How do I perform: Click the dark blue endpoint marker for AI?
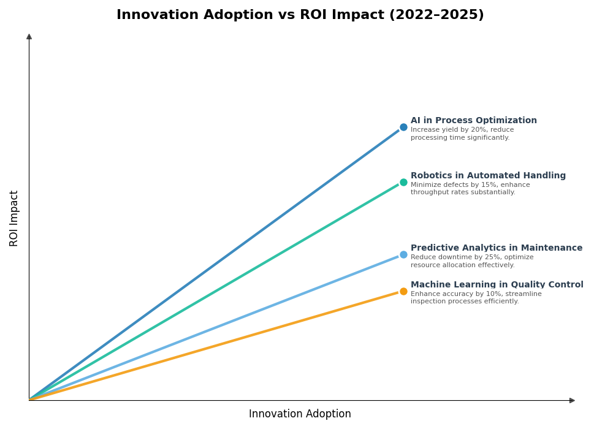tap(403, 127)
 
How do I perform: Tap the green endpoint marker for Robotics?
tap(403, 182)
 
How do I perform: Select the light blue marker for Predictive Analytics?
tap(403, 254)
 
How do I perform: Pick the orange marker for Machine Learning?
tap(403, 291)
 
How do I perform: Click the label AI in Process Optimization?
tap(473, 121)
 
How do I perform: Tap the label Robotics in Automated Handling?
tap(488, 176)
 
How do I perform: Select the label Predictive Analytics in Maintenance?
tap(497, 248)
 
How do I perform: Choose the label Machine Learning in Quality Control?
tap(497, 285)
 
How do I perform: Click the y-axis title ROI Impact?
tap(14, 218)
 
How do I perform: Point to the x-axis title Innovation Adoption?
tap(300, 414)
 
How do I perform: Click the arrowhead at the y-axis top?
tap(29, 37)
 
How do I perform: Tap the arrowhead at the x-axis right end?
tap(572, 400)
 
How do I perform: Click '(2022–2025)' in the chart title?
tap(436, 15)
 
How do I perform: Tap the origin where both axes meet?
tap(29, 400)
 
